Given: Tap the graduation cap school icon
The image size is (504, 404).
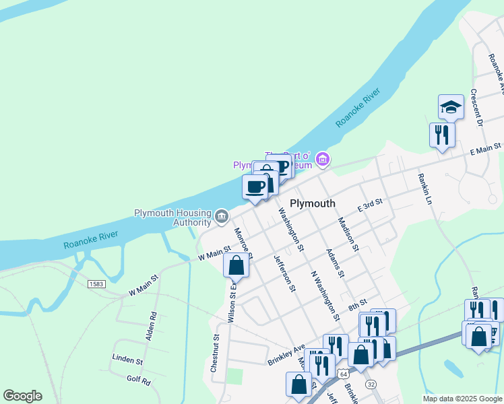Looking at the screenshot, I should pos(451,106).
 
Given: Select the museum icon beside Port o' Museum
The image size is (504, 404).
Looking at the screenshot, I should pos(323,160).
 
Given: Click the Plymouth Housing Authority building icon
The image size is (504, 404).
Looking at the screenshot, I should pos(221,216).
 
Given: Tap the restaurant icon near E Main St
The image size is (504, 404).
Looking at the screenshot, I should pos(442,134).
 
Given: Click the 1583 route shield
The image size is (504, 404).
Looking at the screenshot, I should pos(96,284).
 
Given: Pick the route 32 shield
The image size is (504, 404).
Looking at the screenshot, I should pos(371,383).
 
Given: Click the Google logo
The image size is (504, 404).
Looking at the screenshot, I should pos(22,396).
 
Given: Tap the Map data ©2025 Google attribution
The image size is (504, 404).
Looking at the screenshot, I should pos(462,399).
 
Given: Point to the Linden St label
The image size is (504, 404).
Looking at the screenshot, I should pos(127,360).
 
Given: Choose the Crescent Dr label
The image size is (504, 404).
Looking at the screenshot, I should pos(476,107).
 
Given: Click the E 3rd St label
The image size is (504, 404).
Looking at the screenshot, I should pos(370,205).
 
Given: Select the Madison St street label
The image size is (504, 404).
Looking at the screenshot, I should pos(348,234).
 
